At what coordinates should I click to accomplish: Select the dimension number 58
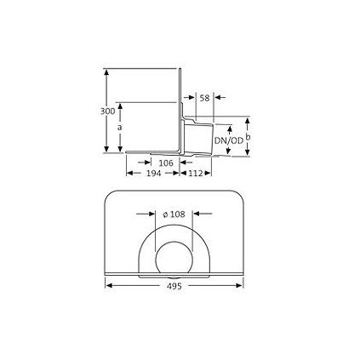[204, 98]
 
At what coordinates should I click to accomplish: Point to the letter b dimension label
[248, 135]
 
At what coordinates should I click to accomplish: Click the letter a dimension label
[120, 127]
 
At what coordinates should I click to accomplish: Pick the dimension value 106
[167, 162]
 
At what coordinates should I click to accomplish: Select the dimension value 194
[153, 173]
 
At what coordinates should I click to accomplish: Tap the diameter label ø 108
[174, 214]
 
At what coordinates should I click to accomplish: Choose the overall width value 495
[174, 286]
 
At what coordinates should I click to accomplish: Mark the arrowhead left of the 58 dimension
[192, 98]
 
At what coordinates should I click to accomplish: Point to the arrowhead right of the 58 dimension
[217, 98]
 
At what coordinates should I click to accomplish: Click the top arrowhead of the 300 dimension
[106, 72]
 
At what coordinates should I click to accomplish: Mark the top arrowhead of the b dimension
[248, 120]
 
